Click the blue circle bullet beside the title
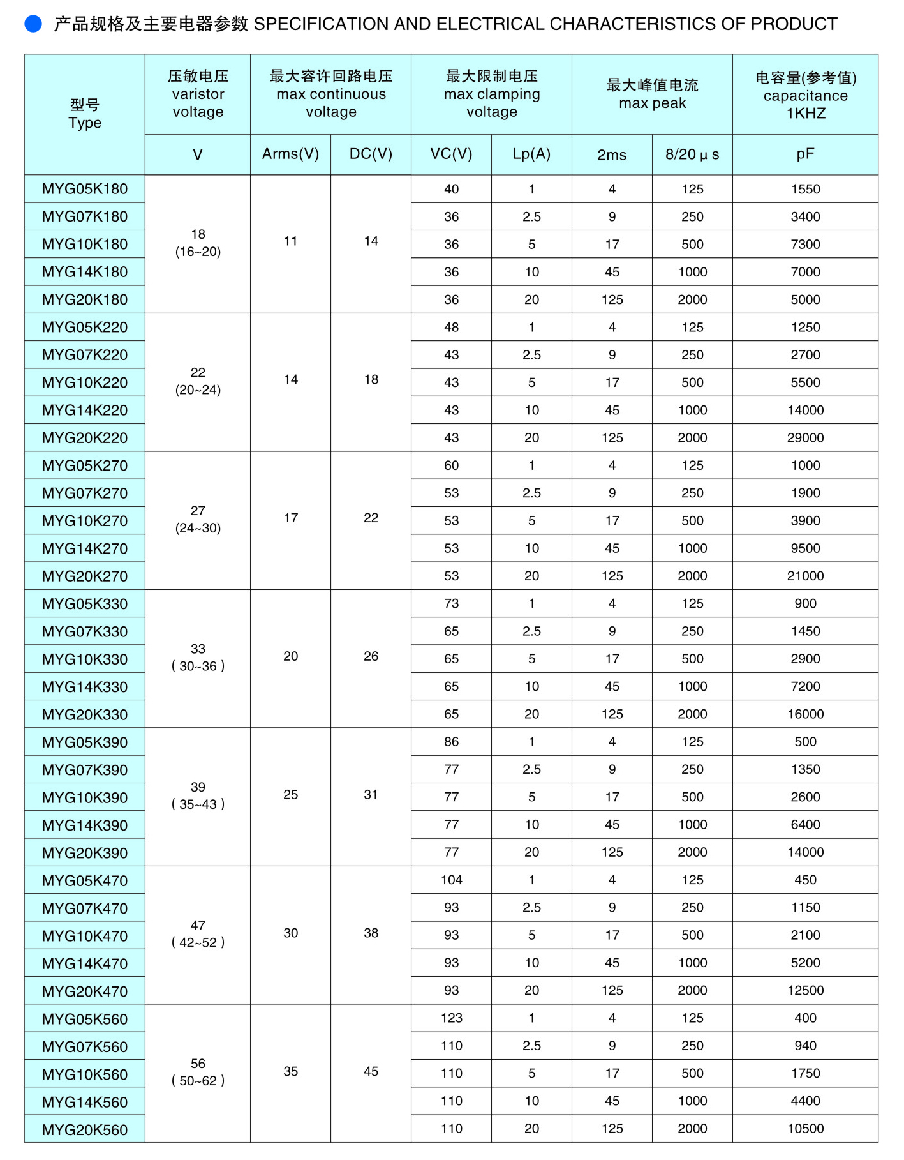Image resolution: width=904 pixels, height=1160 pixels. (33, 24)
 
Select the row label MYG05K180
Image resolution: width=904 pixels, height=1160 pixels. (85, 189)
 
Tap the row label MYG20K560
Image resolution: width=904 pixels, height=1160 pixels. (85, 1129)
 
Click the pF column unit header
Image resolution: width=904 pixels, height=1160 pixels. (805, 154)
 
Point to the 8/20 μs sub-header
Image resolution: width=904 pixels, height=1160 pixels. (692, 154)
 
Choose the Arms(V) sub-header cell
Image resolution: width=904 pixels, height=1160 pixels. (290, 154)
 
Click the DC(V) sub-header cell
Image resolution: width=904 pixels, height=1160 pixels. (371, 154)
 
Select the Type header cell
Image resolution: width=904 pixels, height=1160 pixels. (85, 114)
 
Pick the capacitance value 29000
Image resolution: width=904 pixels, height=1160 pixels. (805, 438)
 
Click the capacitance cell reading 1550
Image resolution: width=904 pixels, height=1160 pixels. (805, 189)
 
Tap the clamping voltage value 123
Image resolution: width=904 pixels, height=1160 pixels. (451, 1018)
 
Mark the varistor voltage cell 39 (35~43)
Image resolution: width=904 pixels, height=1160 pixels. (198, 795)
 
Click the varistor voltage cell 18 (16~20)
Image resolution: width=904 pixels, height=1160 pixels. (198, 243)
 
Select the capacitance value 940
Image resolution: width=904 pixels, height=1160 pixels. (805, 1046)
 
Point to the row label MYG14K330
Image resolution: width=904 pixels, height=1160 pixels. (85, 687)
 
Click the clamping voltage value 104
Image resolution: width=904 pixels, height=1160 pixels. (451, 880)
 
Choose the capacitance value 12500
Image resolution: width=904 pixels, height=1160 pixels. (805, 990)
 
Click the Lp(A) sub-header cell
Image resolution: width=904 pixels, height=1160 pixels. (531, 154)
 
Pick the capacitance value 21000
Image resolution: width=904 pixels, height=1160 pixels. (805, 576)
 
